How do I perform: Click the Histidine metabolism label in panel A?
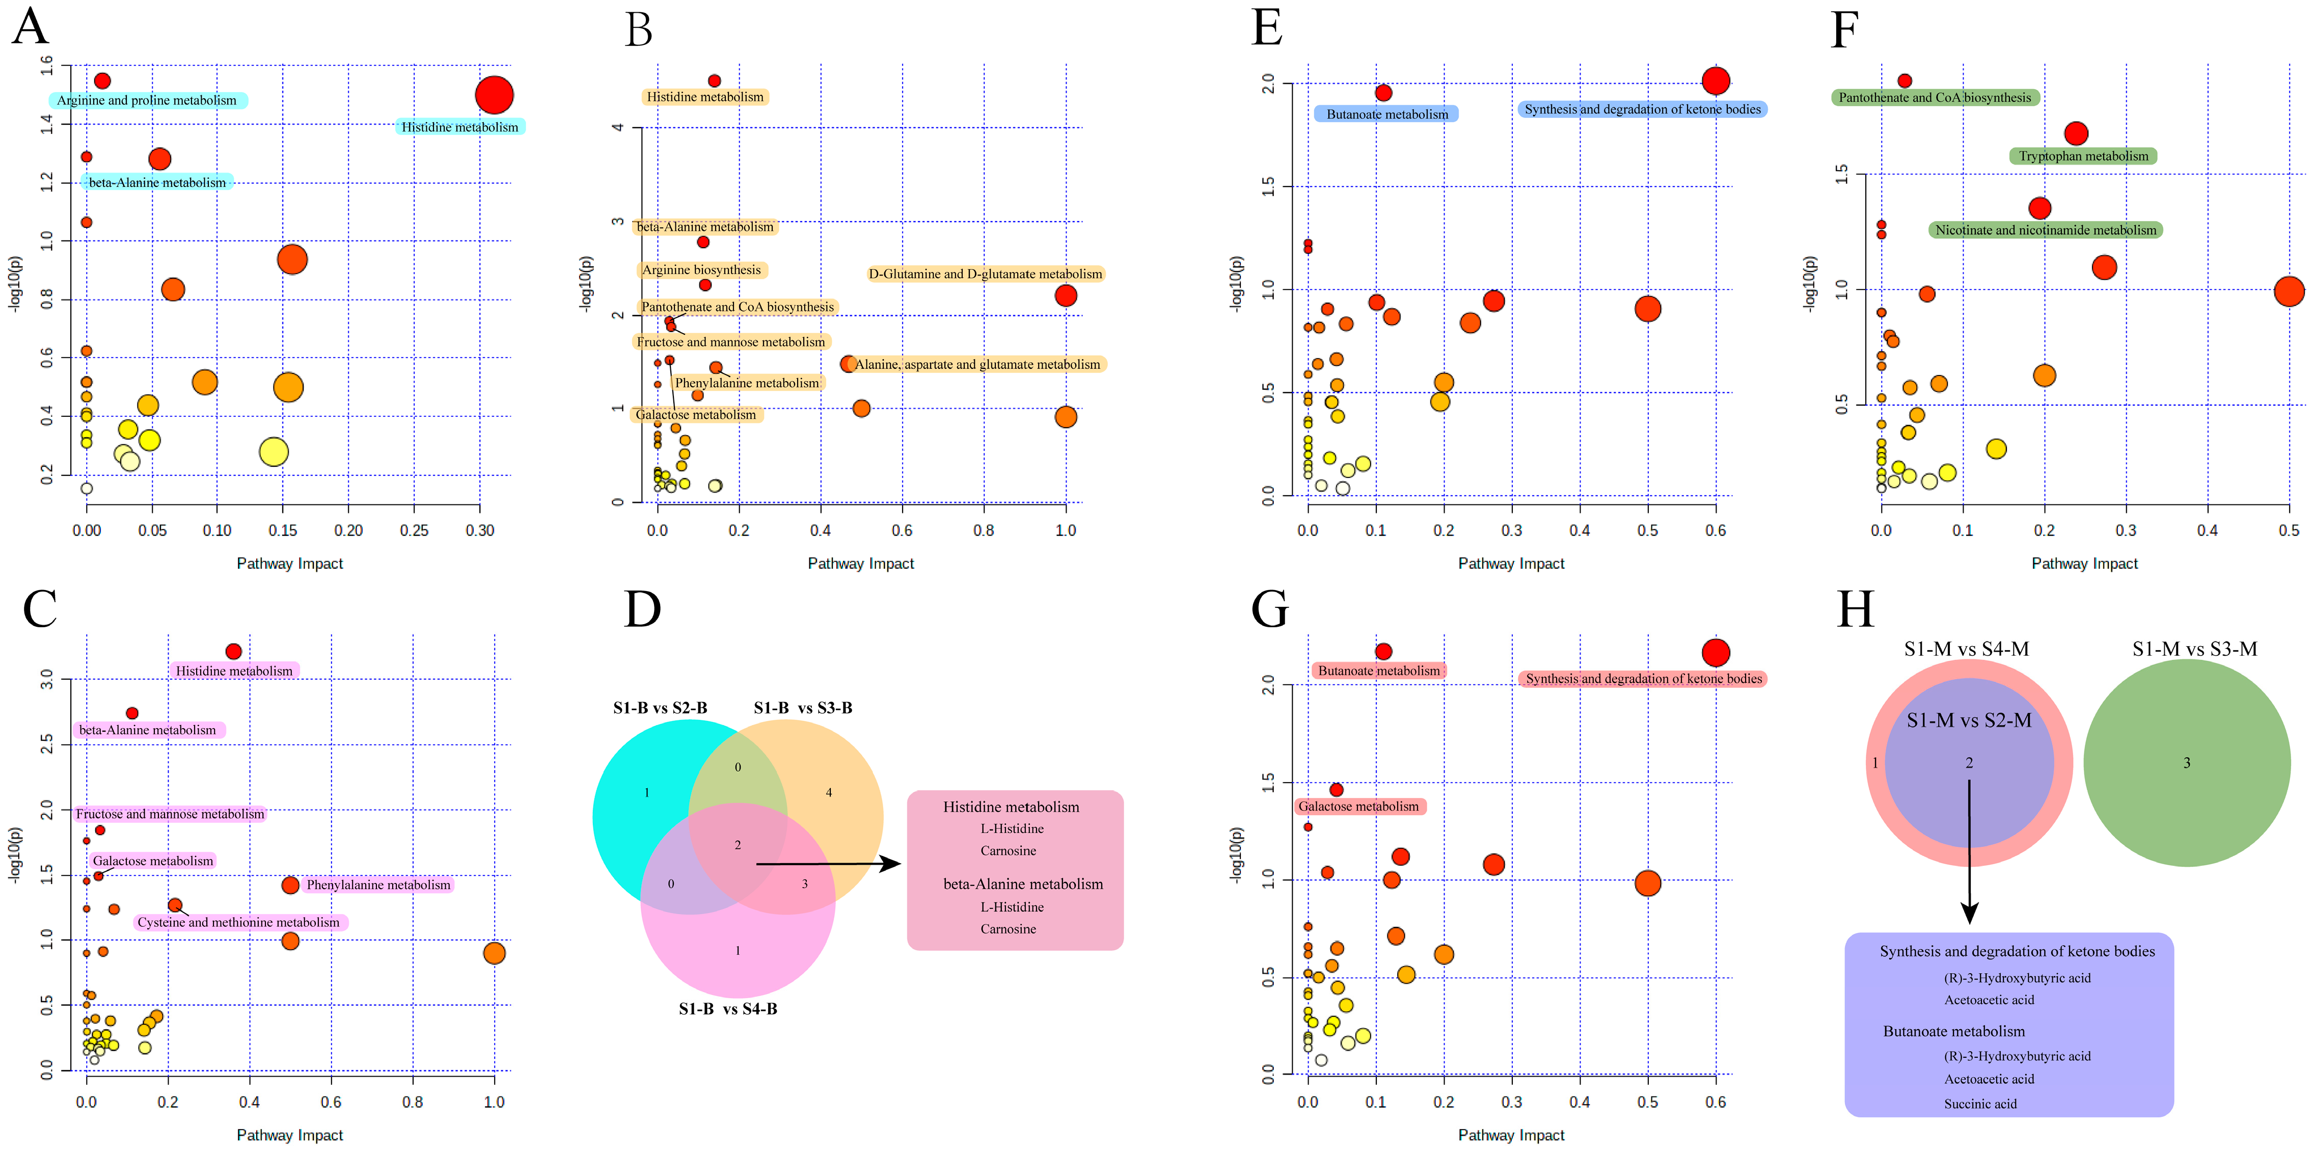click(459, 127)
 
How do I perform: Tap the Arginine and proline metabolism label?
click(147, 100)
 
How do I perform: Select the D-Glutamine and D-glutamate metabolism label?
click(985, 274)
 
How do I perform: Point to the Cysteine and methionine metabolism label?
click(239, 922)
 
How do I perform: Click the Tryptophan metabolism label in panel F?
click(2083, 156)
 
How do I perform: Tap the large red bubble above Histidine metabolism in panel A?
click(494, 94)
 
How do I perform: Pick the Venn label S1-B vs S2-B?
click(660, 708)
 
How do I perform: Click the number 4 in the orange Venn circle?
click(828, 792)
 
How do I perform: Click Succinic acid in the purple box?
click(1980, 1103)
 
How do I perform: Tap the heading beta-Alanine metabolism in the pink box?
click(1022, 884)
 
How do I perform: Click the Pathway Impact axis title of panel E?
click(1511, 564)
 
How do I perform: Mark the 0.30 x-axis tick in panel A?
click(479, 530)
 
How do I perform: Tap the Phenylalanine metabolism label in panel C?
click(378, 885)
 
